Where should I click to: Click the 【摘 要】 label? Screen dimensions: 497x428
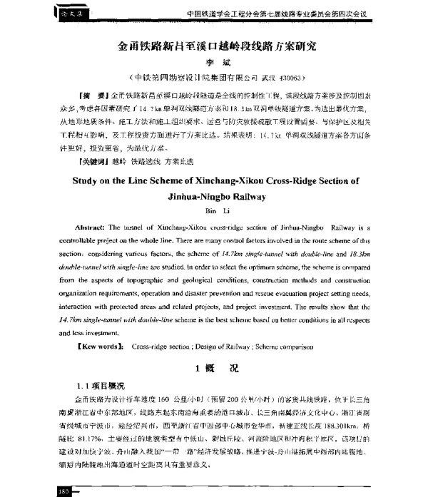coord(91,95)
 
